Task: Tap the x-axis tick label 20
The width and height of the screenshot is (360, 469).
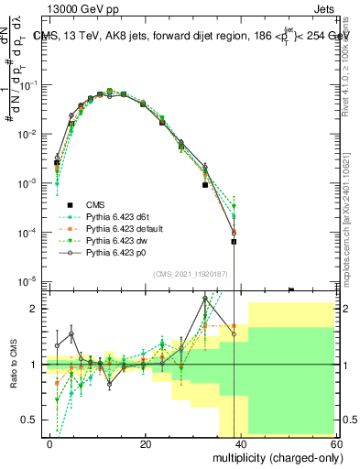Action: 146,444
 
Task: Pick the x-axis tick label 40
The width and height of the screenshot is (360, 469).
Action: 241,444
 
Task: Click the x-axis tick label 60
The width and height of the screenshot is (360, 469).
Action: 335,444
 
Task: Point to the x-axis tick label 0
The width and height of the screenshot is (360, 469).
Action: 50,444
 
